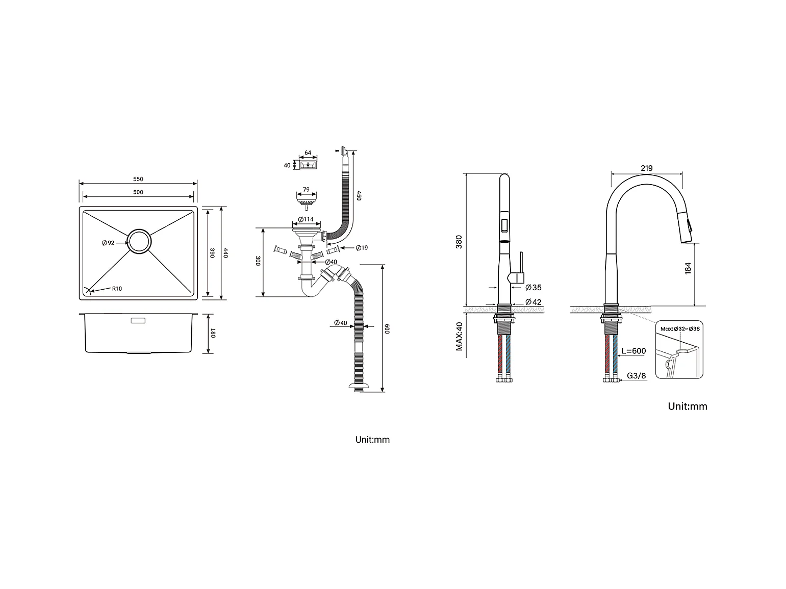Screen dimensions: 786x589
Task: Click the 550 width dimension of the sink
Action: pyautogui.click(x=138, y=179)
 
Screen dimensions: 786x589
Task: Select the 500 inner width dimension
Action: pyautogui.click(x=138, y=192)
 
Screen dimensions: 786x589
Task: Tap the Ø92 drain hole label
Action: pyautogui.click(x=108, y=243)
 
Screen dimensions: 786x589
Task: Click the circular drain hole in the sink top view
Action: pyautogui.click(x=139, y=242)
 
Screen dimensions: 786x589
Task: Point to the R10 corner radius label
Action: pyautogui.click(x=117, y=289)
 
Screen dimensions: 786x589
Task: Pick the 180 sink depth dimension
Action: pyautogui.click(x=214, y=334)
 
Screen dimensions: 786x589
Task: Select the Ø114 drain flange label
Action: pyautogui.click(x=306, y=220)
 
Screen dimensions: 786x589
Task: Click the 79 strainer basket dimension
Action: pyautogui.click(x=306, y=190)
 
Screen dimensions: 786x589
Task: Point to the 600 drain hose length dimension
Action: pyautogui.click(x=388, y=329)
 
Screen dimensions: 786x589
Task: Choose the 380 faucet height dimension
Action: pyautogui.click(x=459, y=241)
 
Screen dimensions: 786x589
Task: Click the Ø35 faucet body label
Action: pyautogui.click(x=533, y=288)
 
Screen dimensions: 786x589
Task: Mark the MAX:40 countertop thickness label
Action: pyautogui.click(x=459, y=336)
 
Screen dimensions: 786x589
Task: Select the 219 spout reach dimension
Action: pyautogui.click(x=646, y=168)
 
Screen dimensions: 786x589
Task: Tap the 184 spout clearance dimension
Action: pyautogui.click(x=688, y=269)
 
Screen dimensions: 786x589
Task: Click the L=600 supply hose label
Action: pyautogui.click(x=633, y=351)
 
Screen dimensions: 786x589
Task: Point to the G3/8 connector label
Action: pyautogui.click(x=636, y=376)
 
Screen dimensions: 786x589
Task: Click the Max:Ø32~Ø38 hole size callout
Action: pyautogui.click(x=680, y=329)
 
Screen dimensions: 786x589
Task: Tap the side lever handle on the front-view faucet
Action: pyautogui.click(x=520, y=268)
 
